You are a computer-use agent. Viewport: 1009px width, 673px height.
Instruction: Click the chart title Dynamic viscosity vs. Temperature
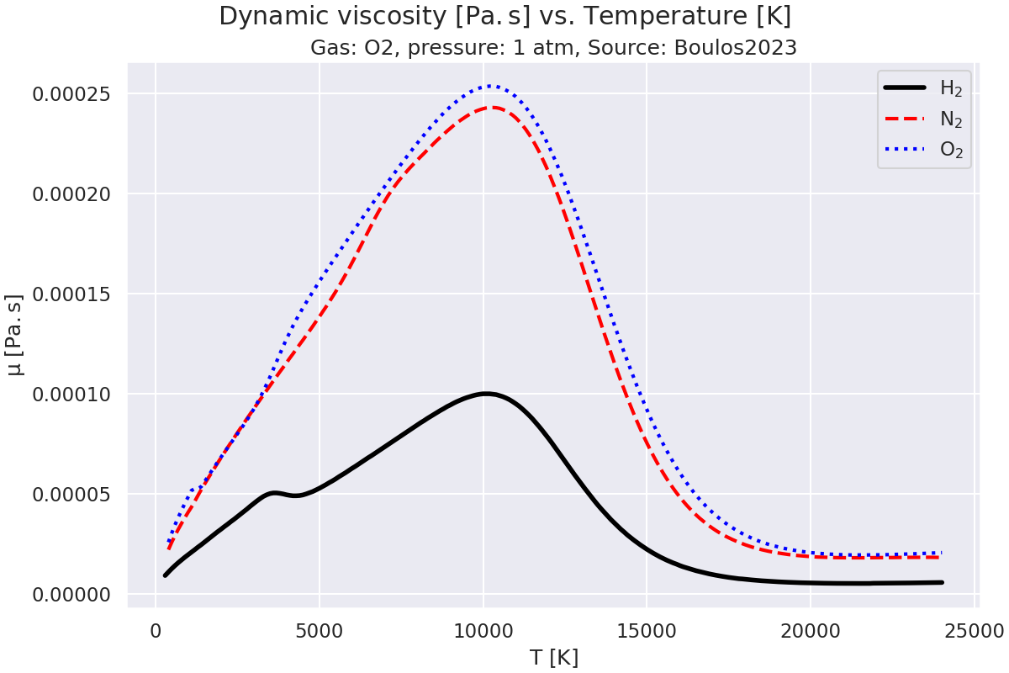pyautogui.click(x=504, y=16)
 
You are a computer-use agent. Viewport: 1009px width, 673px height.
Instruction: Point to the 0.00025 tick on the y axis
pyautogui.click(x=73, y=93)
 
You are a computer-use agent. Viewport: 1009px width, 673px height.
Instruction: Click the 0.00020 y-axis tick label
pyautogui.click(x=73, y=193)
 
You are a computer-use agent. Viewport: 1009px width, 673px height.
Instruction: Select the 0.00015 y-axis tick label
pyautogui.click(x=73, y=294)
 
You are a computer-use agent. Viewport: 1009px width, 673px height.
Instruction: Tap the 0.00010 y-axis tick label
pyautogui.click(x=73, y=394)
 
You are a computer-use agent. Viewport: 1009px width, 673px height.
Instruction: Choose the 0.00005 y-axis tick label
pyautogui.click(x=73, y=494)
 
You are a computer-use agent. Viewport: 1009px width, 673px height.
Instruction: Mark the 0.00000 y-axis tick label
pyautogui.click(x=73, y=594)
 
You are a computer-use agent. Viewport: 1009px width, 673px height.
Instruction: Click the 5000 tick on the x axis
pyautogui.click(x=319, y=630)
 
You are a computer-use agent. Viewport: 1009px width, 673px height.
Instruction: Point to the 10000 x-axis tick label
pyautogui.click(x=483, y=630)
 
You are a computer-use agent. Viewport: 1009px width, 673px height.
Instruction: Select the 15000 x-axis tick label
pyautogui.click(x=646, y=630)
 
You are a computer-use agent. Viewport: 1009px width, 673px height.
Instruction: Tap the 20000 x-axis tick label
pyautogui.click(x=810, y=630)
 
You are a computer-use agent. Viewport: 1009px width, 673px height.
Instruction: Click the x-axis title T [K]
pyautogui.click(x=554, y=657)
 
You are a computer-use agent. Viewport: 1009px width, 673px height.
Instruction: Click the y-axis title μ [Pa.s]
pyautogui.click(x=15, y=334)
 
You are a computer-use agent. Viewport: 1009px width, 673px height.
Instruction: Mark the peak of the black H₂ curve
pyautogui.click(x=484, y=394)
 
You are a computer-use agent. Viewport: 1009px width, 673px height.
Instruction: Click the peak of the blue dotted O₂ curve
pyautogui.click(x=491, y=86)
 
